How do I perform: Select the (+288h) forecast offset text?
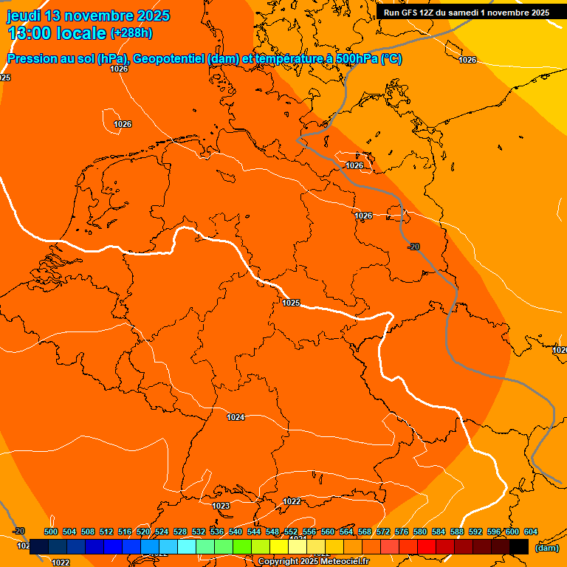click(131, 33)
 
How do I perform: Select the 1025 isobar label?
click(291, 303)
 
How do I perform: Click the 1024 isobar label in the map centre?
click(236, 417)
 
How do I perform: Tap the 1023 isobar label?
click(221, 506)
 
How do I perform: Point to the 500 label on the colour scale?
click(51, 532)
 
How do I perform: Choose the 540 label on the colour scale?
click(236, 532)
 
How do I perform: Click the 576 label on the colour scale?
click(402, 532)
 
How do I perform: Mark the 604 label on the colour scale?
click(531, 532)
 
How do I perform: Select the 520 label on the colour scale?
click(143, 532)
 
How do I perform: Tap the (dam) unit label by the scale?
click(546, 548)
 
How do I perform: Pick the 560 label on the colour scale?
click(328, 532)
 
